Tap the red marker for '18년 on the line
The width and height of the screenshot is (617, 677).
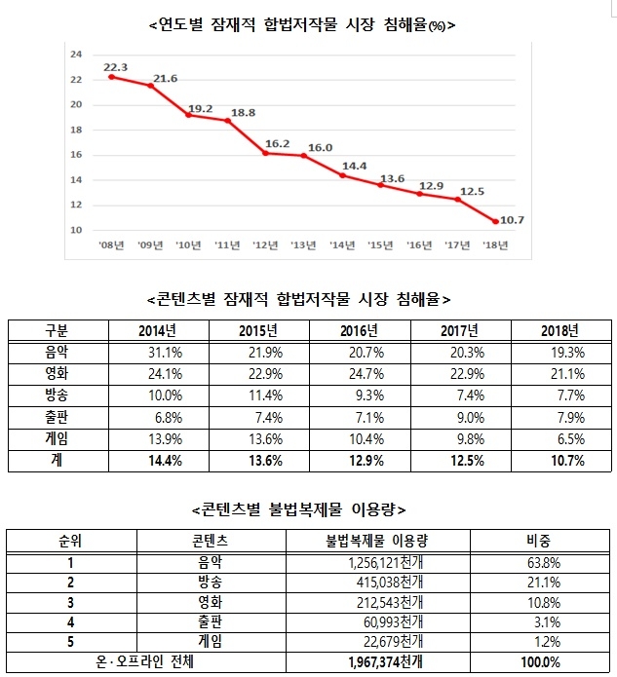click(x=496, y=221)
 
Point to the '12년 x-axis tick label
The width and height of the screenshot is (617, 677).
click(x=265, y=244)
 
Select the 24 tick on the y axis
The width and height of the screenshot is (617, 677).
click(x=75, y=55)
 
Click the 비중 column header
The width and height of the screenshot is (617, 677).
click(x=539, y=538)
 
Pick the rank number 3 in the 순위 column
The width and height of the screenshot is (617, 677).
click(x=71, y=602)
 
